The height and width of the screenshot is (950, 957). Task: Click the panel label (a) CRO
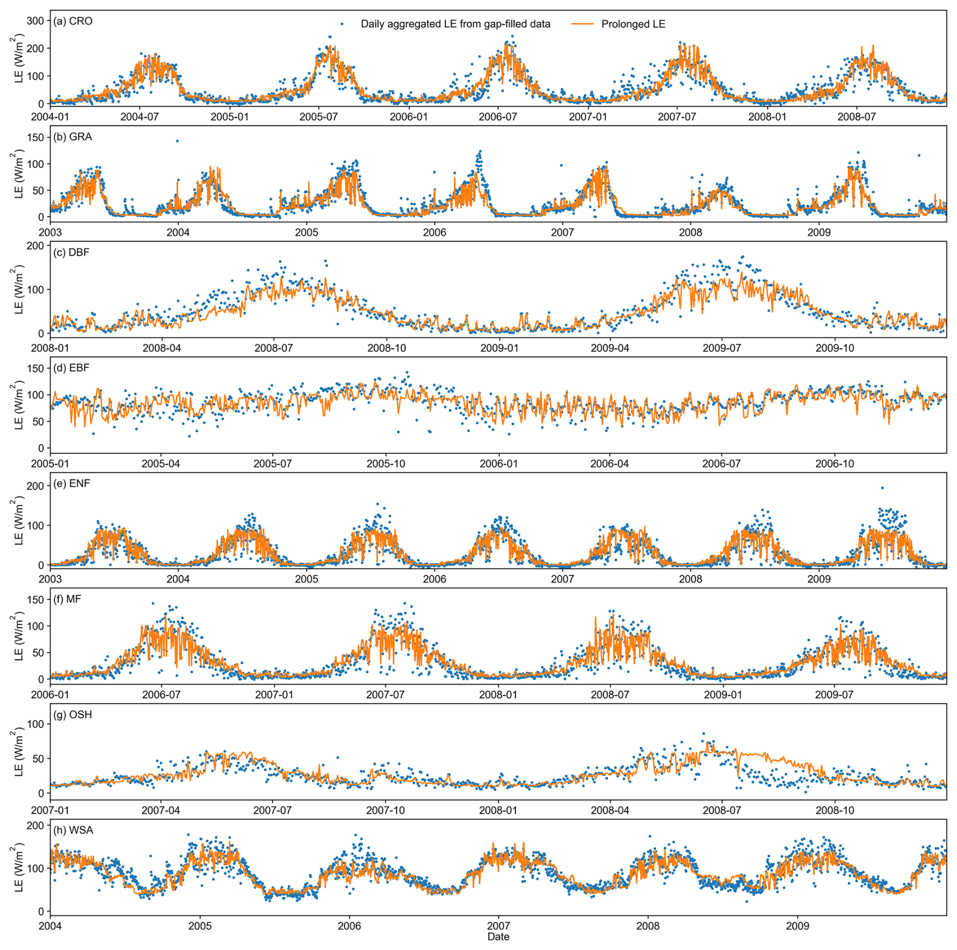pos(73,21)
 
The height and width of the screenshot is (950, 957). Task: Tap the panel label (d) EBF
pos(71,368)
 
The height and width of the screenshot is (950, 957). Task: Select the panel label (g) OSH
pos(73,715)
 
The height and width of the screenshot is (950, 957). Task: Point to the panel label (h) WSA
pos(73,830)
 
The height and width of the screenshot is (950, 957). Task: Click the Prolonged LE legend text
pos(633,24)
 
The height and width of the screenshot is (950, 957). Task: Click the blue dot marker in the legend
pos(342,24)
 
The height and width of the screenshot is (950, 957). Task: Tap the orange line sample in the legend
pos(582,24)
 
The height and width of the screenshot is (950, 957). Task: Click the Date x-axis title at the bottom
pos(498,937)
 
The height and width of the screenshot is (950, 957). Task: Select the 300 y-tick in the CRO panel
pos(35,21)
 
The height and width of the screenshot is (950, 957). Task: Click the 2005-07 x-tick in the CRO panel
pos(319,117)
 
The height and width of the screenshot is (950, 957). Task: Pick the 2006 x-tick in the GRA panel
pos(434,233)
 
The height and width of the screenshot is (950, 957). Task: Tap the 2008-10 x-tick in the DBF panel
pos(387,348)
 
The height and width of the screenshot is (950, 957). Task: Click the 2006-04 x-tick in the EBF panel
pos(610,464)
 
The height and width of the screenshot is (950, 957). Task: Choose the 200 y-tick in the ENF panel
pos(35,486)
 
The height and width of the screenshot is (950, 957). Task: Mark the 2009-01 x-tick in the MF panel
pos(723,695)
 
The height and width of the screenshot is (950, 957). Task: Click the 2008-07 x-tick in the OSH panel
pos(722,810)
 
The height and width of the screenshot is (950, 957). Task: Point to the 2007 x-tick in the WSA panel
pos(498,926)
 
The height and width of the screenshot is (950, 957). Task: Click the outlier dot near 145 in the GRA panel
pos(177,141)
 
